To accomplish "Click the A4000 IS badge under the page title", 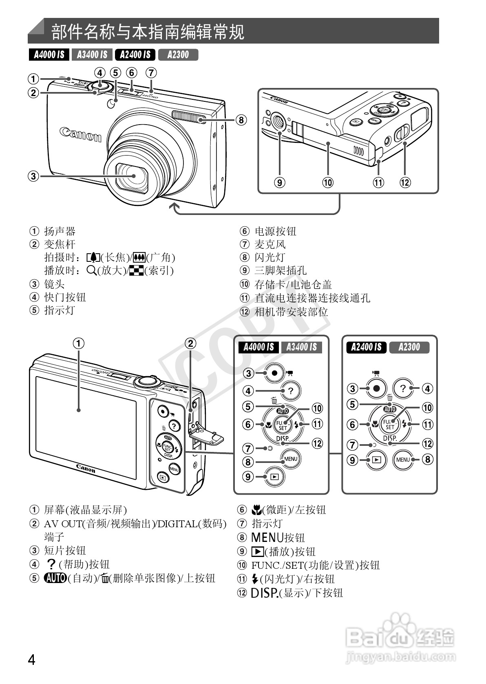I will tap(49, 55).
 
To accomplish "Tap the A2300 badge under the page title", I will tap(178, 55).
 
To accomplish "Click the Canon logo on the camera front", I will tap(80, 134).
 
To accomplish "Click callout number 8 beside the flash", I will tap(241, 120).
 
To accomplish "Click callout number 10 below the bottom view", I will tap(328, 182).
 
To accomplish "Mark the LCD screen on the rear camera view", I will tap(86, 427).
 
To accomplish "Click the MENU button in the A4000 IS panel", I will tap(290, 458).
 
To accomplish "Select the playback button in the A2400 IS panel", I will tap(376, 460).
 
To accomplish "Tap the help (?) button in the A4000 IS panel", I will tap(290, 391).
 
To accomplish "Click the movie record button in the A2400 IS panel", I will tap(376, 388).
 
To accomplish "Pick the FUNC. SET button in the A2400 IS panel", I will tap(389, 424).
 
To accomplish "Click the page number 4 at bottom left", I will tap(32, 659).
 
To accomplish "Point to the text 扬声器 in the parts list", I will tap(60, 231).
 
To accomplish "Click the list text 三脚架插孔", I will tap(281, 270).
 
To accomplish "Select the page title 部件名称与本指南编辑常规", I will tap(148, 32).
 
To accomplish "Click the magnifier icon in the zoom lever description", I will tap(91, 270).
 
